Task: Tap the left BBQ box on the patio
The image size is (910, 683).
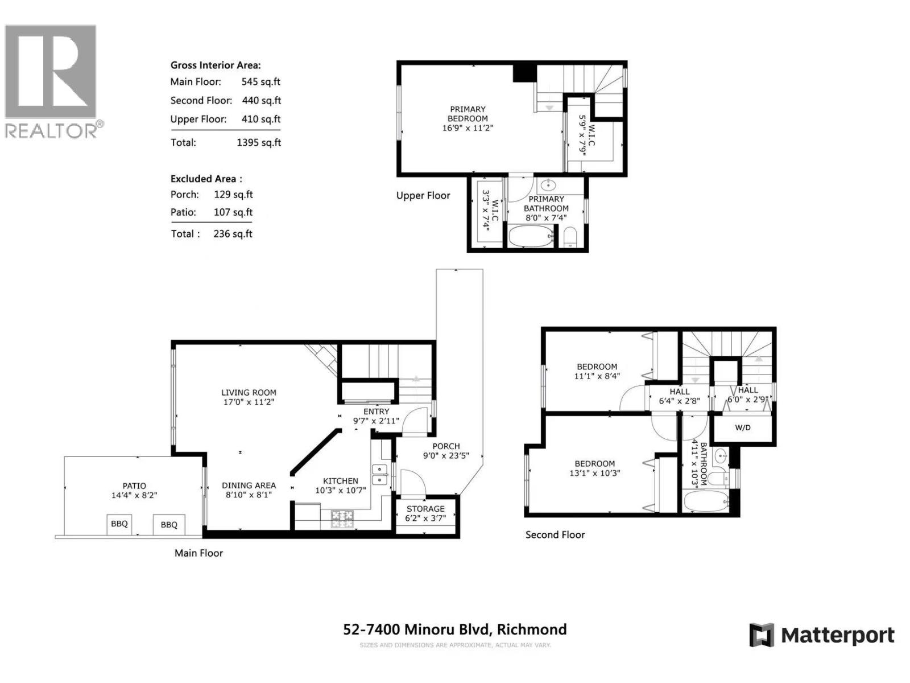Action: coord(119,524)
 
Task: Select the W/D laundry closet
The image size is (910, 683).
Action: coord(743,428)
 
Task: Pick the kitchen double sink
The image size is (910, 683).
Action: coord(380,475)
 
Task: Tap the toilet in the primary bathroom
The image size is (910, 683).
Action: coord(570,237)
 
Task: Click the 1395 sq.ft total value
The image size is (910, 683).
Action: coord(259,142)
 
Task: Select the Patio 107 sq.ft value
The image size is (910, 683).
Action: coord(233,212)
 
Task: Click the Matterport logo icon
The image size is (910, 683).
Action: coord(762,635)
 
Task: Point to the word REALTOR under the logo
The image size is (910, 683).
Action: coord(51,131)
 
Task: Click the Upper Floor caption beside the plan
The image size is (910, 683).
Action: coord(423,195)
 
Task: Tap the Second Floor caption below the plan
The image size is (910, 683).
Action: coord(555,534)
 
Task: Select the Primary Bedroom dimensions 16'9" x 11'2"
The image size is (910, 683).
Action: coord(468,128)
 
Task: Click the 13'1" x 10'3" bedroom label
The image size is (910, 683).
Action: coord(595,473)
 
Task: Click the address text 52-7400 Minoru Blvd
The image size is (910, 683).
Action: coord(416,629)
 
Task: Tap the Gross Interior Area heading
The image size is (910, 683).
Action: coord(216,65)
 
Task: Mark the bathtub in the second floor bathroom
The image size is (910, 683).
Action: coord(706,502)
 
